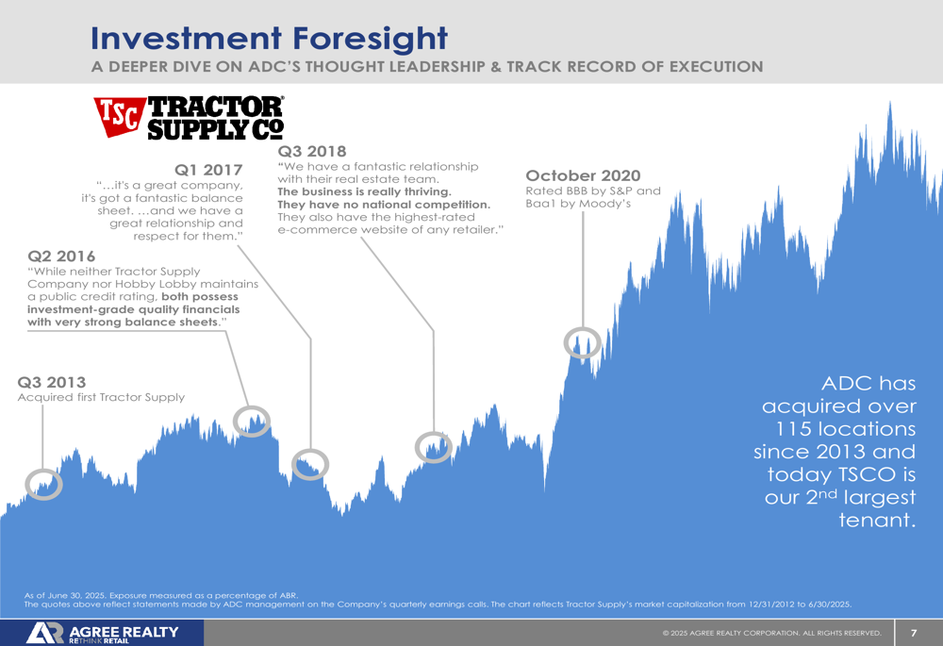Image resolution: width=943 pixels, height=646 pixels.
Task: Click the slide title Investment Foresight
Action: pyautogui.click(x=269, y=38)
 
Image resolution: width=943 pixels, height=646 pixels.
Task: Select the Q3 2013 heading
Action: pyautogui.click(x=52, y=382)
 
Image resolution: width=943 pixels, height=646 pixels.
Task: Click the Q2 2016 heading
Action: pyautogui.click(x=62, y=256)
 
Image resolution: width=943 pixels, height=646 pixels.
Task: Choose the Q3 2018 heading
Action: pyautogui.click(x=312, y=151)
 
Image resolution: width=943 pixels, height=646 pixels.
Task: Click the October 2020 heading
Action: pyautogui.click(x=583, y=175)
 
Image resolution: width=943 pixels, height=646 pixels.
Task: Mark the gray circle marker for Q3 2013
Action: pyautogui.click(x=43, y=484)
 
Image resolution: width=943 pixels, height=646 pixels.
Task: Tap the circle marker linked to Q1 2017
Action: pyautogui.click(x=309, y=463)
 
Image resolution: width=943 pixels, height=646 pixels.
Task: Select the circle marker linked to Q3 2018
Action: pyautogui.click(x=434, y=446)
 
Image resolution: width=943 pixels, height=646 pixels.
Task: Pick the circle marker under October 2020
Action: pyautogui.click(x=582, y=343)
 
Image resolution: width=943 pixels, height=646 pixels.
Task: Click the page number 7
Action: pyautogui.click(x=913, y=633)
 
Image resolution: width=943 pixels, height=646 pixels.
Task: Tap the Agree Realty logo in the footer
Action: pyautogui.click(x=102, y=633)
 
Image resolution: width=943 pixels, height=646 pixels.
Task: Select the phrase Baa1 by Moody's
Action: pyautogui.click(x=577, y=204)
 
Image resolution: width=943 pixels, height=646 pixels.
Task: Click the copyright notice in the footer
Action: pyautogui.click(x=771, y=633)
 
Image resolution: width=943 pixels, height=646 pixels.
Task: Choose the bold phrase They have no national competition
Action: pyautogui.click(x=384, y=205)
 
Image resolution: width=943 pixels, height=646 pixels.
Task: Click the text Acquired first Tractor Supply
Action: pyautogui.click(x=102, y=397)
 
